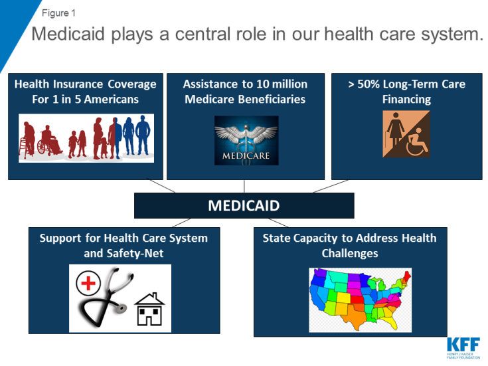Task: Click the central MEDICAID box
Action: pos(244,205)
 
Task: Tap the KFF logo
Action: pos(463,348)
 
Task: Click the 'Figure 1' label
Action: pos(58,13)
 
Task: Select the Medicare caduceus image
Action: pos(246,140)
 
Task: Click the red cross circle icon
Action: pos(88,283)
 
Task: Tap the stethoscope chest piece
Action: pos(120,308)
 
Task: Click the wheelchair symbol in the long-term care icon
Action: pos(417,142)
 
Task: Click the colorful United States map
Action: pos(360,300)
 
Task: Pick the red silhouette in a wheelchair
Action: pos(49,141)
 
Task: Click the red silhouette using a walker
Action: pos(27,139)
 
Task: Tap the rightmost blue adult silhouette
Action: pos(143,135)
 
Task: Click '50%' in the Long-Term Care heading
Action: pos(368,84)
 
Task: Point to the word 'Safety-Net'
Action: pos(135,253)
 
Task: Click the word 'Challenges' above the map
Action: pos(350,254)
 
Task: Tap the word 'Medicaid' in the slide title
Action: pos(68,34)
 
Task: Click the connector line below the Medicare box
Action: pos(244,186)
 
